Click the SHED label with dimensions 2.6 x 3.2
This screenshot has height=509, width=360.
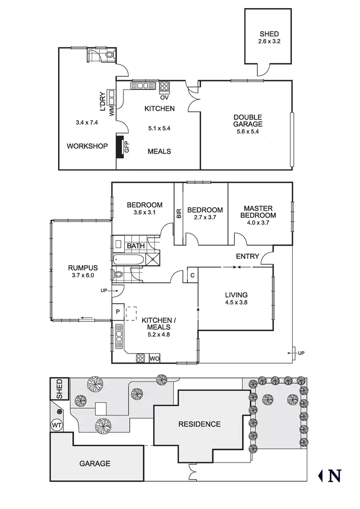click(268, 37)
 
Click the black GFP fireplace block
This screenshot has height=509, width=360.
click(120, 147)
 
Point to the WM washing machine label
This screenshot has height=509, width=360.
click(112, 112)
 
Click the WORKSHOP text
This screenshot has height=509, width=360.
click(87, 146)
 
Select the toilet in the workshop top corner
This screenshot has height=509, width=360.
click(109, 55)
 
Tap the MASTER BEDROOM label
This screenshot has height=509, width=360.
click(258, 212)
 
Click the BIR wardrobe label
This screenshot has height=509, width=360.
click(179, 213)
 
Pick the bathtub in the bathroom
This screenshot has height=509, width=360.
click(128, 260)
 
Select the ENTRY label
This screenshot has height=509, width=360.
click(248, 256)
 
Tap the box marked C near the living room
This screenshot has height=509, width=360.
click(192, 275)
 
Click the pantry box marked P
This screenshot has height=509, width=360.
click(118, 312)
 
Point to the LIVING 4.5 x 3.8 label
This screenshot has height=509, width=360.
click(236, 298)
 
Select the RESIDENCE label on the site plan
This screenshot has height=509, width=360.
click(199, 424)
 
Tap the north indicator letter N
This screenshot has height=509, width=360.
click(335, 475)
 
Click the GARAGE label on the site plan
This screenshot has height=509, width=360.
click(95, 463)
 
